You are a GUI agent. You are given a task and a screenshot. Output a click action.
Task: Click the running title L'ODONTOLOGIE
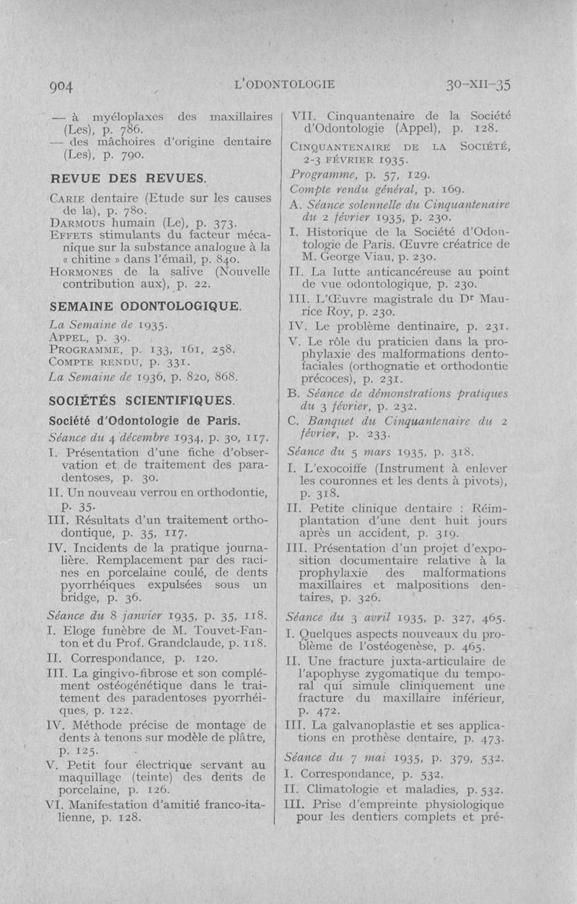(285, 84)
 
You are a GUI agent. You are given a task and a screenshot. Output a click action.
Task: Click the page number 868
(230, 377)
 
